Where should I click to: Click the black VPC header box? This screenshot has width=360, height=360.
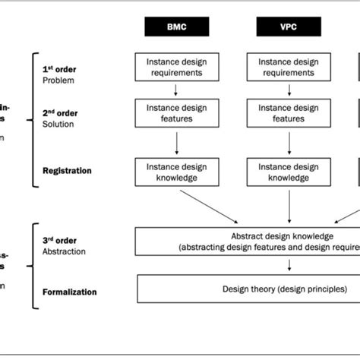point(288,27)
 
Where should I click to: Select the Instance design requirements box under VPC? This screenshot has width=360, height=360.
point(288,66)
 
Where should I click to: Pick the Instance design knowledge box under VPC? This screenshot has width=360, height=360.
point(288,172)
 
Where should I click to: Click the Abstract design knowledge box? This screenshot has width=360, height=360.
point(251,241)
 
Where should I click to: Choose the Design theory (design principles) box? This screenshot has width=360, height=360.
point(251,289)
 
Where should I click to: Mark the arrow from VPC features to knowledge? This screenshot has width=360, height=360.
point(288,143)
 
